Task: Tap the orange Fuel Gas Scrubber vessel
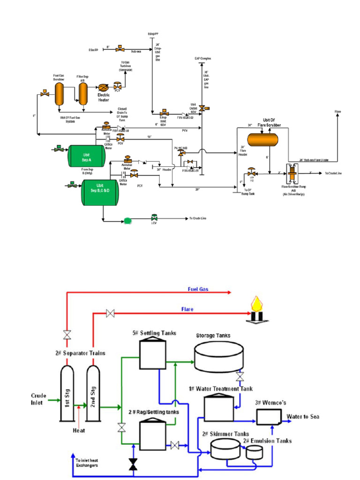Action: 59,96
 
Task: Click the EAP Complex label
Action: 203,59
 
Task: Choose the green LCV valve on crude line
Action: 154,218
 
